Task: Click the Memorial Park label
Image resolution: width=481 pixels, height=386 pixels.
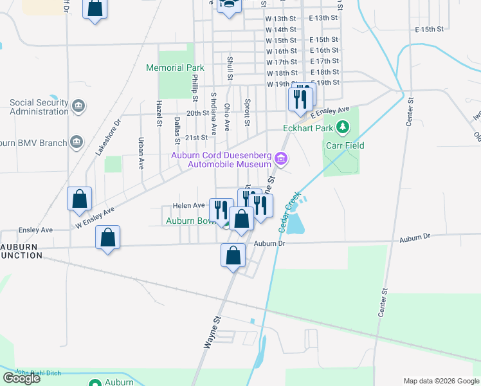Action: pos(175,68)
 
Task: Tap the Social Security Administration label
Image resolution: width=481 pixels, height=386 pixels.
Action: pos(39,107)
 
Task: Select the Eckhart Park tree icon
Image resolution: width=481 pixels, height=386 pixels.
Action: pos(343,127)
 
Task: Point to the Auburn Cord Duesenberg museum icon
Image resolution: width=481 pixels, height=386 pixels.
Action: pos(280,158)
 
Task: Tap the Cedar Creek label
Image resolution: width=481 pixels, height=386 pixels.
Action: pos(291,212)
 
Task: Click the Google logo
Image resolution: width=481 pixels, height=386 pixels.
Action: pos(21,378)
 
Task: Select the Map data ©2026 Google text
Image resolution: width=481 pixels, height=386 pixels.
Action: pos(440,381)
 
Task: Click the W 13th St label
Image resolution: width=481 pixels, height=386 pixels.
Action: pos(281,19)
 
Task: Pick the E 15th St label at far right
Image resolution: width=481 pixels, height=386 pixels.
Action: pos(430,30)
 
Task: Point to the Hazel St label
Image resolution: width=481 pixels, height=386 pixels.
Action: pos(158,113)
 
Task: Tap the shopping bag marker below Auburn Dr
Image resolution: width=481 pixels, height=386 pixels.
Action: pos(233,256)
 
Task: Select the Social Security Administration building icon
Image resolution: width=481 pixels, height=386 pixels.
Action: pos(78,106)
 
